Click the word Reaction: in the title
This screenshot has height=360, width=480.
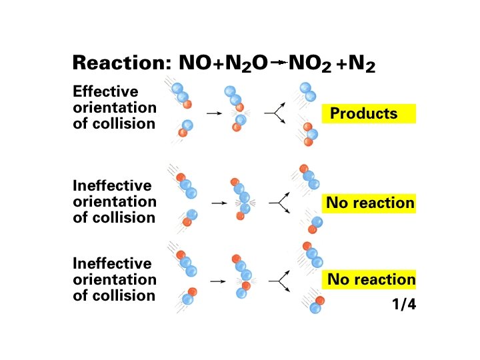coord(123,63)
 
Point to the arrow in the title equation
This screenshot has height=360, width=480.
coord(279,63)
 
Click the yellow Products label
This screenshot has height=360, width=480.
coord(369,113)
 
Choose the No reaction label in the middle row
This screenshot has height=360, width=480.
coord(370,203)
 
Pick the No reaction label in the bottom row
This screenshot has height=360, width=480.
coord(370,279)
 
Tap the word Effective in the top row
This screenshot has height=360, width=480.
coord(105,91)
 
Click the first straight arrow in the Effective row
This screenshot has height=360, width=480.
coord(214,114)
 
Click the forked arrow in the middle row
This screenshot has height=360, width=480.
coord(279,201)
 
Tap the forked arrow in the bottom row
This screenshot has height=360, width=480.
coord(279,281)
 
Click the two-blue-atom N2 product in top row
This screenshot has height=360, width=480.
coord(307,92)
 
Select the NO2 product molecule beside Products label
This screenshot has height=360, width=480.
coord(309,133)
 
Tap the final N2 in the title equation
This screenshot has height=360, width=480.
coord(365,64)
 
